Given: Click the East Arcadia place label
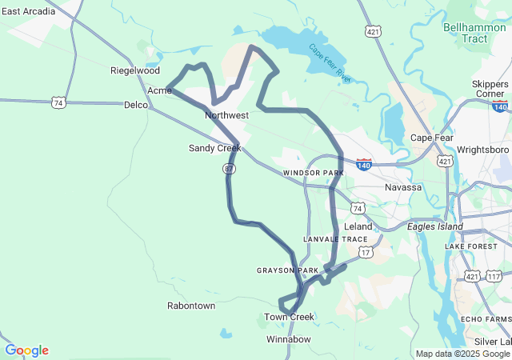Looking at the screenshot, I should pos(28,11).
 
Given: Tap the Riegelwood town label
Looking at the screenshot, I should pos(135,70).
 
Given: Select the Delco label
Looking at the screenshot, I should pos(135,105).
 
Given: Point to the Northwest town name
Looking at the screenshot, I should pos(227,115).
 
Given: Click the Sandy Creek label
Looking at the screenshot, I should pos(214,148).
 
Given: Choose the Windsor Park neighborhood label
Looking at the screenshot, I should pos(313,173).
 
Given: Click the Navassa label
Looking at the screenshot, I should pos(403,187).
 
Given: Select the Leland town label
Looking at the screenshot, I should pos(358,226).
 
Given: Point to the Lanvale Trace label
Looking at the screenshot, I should pos(335,239).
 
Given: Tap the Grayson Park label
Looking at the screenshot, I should pos(287,270).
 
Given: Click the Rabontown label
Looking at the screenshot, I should pos(191,306).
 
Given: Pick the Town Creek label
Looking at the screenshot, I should pos(290,317).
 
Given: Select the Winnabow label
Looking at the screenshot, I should pos(288,339).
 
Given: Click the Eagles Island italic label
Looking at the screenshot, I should pos(435,226).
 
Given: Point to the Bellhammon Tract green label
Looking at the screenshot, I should pos(473,33).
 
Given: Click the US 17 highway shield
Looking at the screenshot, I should pos(366,252).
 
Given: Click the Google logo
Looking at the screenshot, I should pos(26,350).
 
